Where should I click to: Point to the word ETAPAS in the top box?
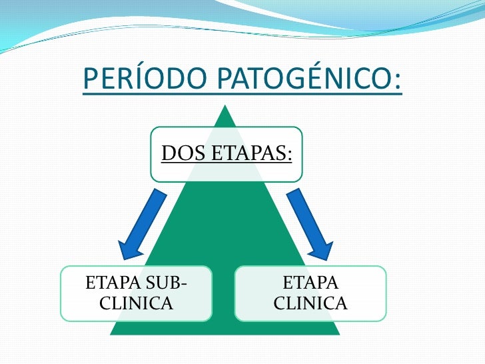coord(252,154)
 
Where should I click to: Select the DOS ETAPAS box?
coord(226,154)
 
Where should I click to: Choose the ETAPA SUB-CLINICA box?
coord(136,293)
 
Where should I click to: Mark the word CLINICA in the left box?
coord(136,304)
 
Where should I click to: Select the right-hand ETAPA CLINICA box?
coord(310,293)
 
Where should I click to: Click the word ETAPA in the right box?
coord(310,283)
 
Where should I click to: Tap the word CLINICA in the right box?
coord(310,304)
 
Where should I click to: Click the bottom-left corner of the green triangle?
coord(112,333)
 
